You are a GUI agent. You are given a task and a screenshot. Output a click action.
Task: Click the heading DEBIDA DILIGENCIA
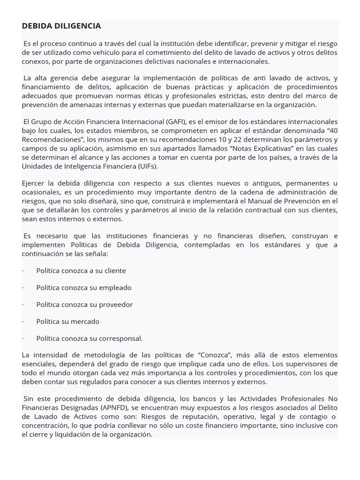(61, 26)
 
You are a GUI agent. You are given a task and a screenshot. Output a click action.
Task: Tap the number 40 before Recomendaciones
(332, 131)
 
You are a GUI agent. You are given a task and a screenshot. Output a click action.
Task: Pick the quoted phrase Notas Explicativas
(254, 149)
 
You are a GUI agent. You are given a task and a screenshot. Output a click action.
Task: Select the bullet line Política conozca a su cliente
(81, 270)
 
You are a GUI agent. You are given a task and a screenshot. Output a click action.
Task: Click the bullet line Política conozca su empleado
(84, 287)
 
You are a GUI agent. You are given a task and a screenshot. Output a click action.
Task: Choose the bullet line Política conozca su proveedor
(84, 304)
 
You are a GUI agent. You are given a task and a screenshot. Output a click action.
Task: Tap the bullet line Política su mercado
(68, 321)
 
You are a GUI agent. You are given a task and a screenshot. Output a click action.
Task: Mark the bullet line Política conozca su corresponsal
(90, 338)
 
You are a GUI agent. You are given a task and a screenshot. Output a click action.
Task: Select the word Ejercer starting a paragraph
(34, 183)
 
